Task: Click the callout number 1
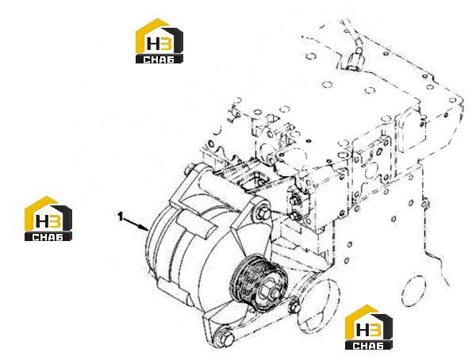click(x=121, y=216)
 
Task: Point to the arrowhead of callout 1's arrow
click(x=145, y=228)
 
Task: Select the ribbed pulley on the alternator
click(x=258, y=283)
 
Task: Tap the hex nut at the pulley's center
click(x=271, y=291)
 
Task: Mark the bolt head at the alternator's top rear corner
click(x=190, y=169)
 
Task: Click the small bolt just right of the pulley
click(x=294, y=307)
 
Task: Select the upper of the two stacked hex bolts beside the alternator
click(x=295, y=201)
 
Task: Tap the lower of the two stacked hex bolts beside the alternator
click(x=294, y=216)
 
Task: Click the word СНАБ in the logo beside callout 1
click(x=48, y=237)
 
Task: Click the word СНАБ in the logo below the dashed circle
click(x=368, y=346)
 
